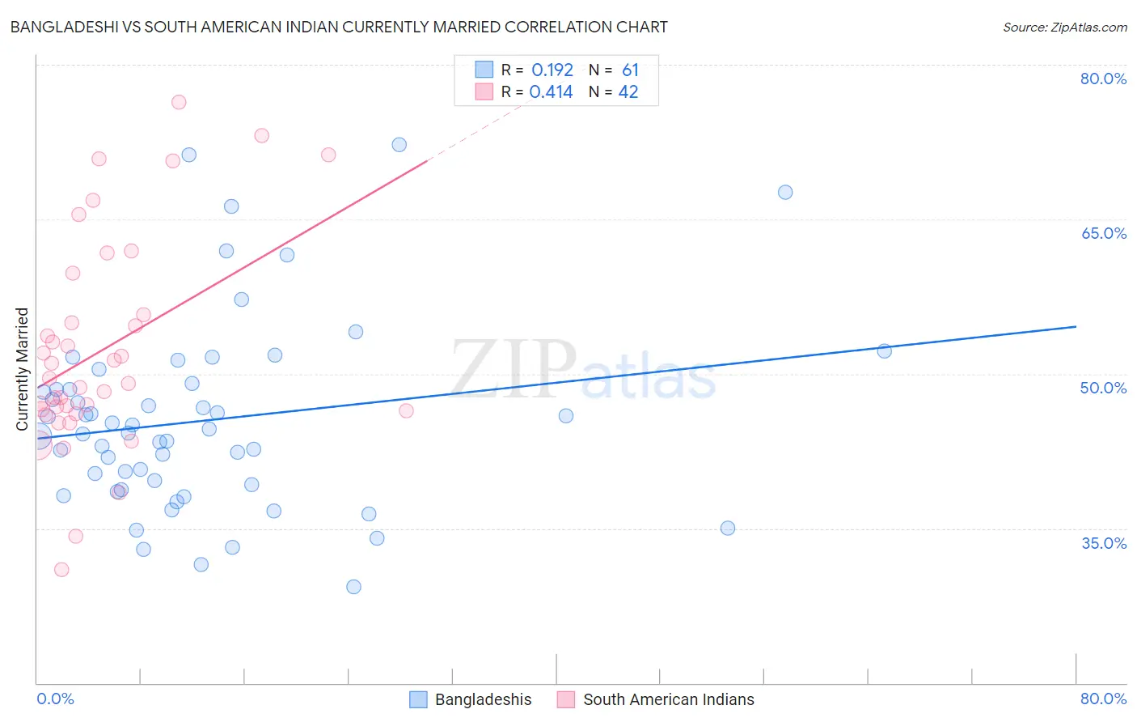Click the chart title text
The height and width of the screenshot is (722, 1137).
coord(339,27)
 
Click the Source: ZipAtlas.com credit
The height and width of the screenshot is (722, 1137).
coord(1064,28)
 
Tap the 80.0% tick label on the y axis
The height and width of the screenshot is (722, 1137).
coord(1103,79)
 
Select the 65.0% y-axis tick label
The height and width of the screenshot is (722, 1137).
coord(1103,233)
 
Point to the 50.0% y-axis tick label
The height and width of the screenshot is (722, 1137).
coord(1103,388)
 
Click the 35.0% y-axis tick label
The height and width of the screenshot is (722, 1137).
coord(1104,543)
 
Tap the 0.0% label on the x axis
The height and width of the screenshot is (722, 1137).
coord(55,699)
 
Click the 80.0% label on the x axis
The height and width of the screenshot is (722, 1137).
coord(1103,699)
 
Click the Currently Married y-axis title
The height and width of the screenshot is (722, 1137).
coord(23,369)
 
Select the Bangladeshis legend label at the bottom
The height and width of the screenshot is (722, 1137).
coord(483,699)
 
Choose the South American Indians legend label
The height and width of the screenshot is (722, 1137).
coord(668,699)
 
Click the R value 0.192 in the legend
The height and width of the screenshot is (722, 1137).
coord(552,70)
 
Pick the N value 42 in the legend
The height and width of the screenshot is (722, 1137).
coord(628,92)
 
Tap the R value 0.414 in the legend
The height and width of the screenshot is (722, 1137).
coord(551,92)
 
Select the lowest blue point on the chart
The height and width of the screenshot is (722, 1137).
coord(353,587)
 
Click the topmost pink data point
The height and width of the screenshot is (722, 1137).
coord(179,102)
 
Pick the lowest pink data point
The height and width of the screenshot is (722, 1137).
coord(61,570)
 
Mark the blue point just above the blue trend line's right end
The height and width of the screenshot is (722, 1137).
coord(885,351)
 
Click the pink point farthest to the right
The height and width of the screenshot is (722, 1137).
coord(407,411)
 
